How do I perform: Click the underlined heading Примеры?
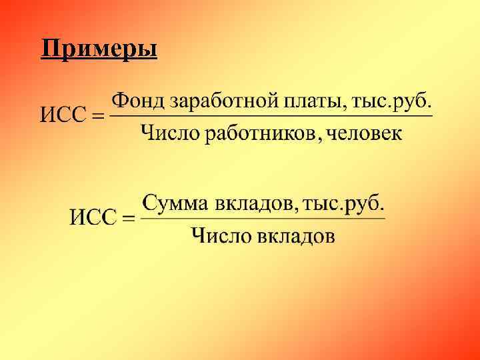[99, 49]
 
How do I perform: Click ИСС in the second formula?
[93, 217]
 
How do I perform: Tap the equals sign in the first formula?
[97, 117]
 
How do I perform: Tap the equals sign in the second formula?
[129, 218]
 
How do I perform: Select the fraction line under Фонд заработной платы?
[270, 117]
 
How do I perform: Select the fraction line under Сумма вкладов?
[263, 218]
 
